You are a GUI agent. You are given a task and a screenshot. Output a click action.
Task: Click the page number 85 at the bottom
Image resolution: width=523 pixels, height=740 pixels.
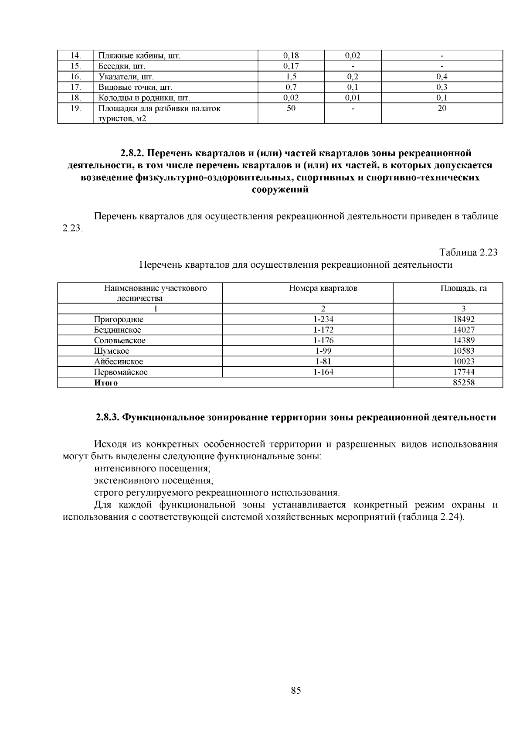pos(295,690)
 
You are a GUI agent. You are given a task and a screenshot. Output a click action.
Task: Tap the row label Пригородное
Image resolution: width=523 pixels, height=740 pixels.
pos(119,319)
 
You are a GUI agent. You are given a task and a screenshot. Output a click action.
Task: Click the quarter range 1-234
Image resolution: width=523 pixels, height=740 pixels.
pos(323,319)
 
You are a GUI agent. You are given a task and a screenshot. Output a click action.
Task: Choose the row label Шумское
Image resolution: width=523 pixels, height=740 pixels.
pos(112,351)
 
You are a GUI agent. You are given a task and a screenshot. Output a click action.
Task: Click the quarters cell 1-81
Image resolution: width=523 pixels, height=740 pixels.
pos(323,361)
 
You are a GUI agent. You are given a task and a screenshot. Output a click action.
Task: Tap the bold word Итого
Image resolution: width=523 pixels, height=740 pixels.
pos(106,383)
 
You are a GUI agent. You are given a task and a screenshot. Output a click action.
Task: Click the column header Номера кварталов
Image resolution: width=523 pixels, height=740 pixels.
pos(323,288)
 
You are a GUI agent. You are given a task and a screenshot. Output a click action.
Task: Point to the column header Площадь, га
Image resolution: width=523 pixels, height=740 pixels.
pos(463,288)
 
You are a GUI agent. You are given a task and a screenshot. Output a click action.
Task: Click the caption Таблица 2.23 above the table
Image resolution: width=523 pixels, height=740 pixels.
pos(468,252)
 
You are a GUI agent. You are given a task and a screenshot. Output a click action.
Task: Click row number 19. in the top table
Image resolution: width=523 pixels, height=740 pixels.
pos(76,108)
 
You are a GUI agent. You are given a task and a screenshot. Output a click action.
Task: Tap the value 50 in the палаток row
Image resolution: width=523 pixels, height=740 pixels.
pos(291,108)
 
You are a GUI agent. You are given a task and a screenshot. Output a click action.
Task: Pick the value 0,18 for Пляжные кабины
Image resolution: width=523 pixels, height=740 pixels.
pos(291,56)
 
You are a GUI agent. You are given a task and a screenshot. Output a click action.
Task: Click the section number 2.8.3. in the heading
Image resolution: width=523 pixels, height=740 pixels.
pos(107,417)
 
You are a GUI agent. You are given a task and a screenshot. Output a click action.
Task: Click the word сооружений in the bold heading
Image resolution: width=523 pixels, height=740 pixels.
pos(280,190)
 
